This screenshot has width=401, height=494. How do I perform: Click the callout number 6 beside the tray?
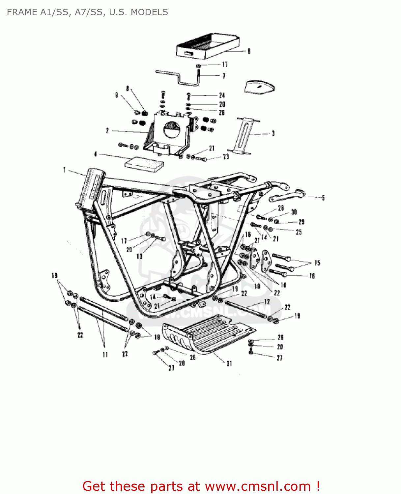pos(249,51)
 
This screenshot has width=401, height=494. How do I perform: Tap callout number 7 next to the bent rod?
pos(224,76)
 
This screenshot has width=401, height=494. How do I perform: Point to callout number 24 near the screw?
pos(222,96)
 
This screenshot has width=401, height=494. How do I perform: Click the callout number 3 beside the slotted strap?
pos(273,133)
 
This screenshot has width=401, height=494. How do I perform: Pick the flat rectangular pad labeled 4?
pos(144,163)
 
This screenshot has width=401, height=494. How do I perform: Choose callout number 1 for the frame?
pos(65,170)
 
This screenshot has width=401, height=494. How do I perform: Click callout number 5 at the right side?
pos(323,198)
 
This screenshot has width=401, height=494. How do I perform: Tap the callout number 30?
pos(294,212)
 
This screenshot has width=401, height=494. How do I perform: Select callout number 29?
pos(301,222)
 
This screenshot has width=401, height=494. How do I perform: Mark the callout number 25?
pos(299,232)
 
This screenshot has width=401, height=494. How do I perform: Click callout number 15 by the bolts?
pos(317,263)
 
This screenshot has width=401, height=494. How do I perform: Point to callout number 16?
pos(312,276)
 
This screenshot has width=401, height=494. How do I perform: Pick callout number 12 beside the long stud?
pos(267,302)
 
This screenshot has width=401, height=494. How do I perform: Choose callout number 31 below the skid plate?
pos(229,363)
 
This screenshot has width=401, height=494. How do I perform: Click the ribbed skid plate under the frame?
pos(211,333)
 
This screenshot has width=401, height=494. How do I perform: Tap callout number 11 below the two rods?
pos(105,355)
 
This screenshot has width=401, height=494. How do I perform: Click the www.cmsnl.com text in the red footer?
pos(258,486)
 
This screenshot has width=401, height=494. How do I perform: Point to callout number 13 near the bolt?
pos(139,256)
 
